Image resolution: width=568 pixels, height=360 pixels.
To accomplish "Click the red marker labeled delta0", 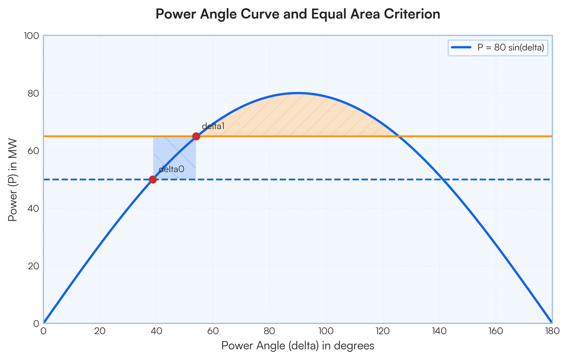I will tap(153, 180).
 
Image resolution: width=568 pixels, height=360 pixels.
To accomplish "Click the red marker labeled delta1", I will tap(196, 136).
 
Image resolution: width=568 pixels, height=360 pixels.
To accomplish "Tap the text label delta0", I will tap(171, 169).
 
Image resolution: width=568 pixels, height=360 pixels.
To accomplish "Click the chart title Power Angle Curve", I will tap(298, 14).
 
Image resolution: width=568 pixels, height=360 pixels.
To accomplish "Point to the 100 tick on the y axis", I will tap(33, 36).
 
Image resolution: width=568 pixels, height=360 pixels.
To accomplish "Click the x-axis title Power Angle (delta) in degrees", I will tap(298, 346).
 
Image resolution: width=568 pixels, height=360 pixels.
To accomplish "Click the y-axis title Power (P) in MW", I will tap(12, 180).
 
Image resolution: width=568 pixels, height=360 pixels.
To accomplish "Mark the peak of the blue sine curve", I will tap(298, 93).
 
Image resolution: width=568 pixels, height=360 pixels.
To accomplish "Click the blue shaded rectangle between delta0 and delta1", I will tap(174, 158).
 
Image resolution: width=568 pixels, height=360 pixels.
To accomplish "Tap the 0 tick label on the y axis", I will tap(36, 324).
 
